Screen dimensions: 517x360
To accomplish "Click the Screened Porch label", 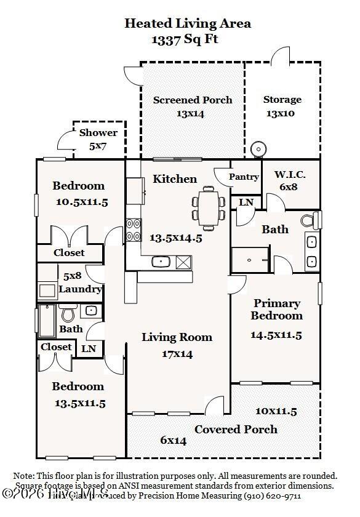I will coord(193,100).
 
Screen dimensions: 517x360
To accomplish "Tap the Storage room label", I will coord(282,99).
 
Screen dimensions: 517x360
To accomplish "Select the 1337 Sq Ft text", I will coord(185,39).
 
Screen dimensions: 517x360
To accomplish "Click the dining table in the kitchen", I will coord(208,209).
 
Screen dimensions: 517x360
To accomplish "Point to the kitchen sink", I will coord(161,262).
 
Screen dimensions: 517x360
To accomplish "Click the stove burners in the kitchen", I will coord(134,230).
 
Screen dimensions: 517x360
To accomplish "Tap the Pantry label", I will coord(244,177).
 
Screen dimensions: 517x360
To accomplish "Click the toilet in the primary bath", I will coord(310,220).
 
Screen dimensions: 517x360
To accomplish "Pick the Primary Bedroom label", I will coord(277,310).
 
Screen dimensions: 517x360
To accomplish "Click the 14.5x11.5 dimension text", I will coord(276,335).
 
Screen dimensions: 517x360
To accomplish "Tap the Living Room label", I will coord(177,337).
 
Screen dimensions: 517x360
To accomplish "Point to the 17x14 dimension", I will coord(177,354).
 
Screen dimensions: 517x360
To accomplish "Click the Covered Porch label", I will coord(236,429).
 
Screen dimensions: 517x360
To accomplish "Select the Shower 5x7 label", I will coord(98,139).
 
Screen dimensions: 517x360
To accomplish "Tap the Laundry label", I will coord(80,289).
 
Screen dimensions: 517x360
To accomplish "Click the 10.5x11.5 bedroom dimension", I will coord(81,202).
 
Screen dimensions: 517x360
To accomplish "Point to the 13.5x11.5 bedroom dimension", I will coord(79,404).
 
